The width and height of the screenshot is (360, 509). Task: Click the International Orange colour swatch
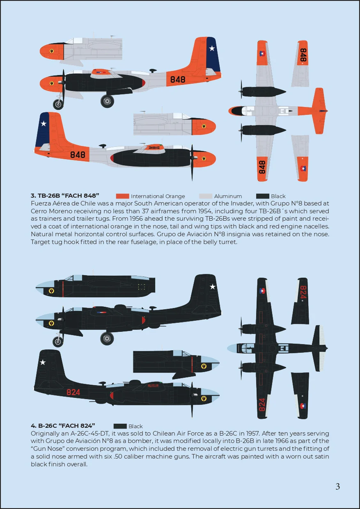click(122, 196)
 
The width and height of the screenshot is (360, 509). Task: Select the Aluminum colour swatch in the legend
click(206, 196)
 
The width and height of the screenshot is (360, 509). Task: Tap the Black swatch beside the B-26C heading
click(120, 426)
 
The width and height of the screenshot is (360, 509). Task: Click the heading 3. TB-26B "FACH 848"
click(65, 196)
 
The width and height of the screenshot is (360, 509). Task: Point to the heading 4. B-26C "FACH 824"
click(63, 426)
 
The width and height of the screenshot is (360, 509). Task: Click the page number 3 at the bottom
click(338, 486)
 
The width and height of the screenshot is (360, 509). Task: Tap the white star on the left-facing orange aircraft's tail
click(212, 48)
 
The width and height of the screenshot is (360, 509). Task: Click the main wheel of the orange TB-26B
click(107, 101)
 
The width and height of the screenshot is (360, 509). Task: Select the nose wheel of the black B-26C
click(58, 341)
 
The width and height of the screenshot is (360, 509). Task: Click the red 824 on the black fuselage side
click(73, 393)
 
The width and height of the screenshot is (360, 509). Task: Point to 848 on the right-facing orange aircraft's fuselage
click(78, 155)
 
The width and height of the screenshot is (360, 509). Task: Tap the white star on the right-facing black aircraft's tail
click(43, 362)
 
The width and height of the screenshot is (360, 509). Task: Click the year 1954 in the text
click(205, 211)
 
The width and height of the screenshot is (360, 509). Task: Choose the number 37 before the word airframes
click(145, 211)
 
